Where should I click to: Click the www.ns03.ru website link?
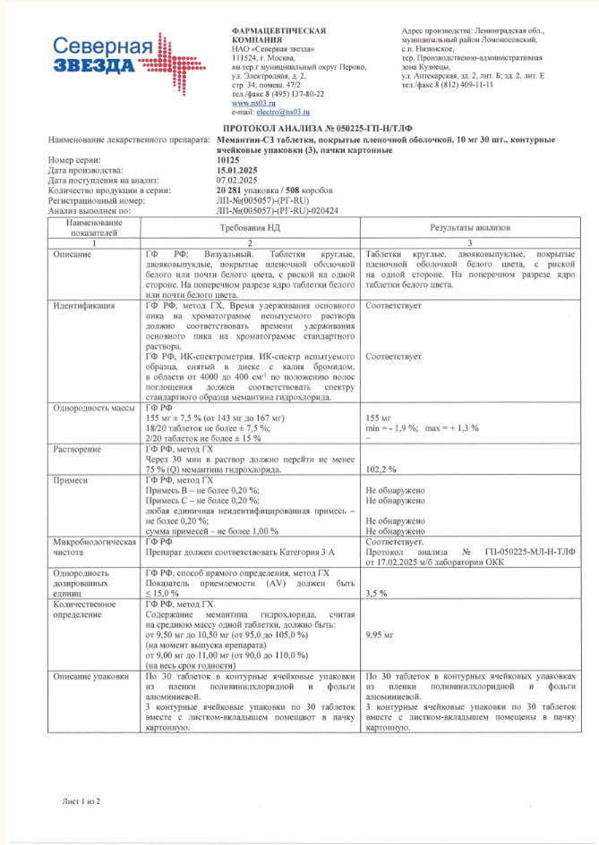click(x=246, y=103)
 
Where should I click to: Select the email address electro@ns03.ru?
click(x=278, y=112)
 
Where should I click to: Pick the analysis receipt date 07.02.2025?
click(x=235, y=180)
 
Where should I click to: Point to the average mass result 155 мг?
click(x=379, y=418)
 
